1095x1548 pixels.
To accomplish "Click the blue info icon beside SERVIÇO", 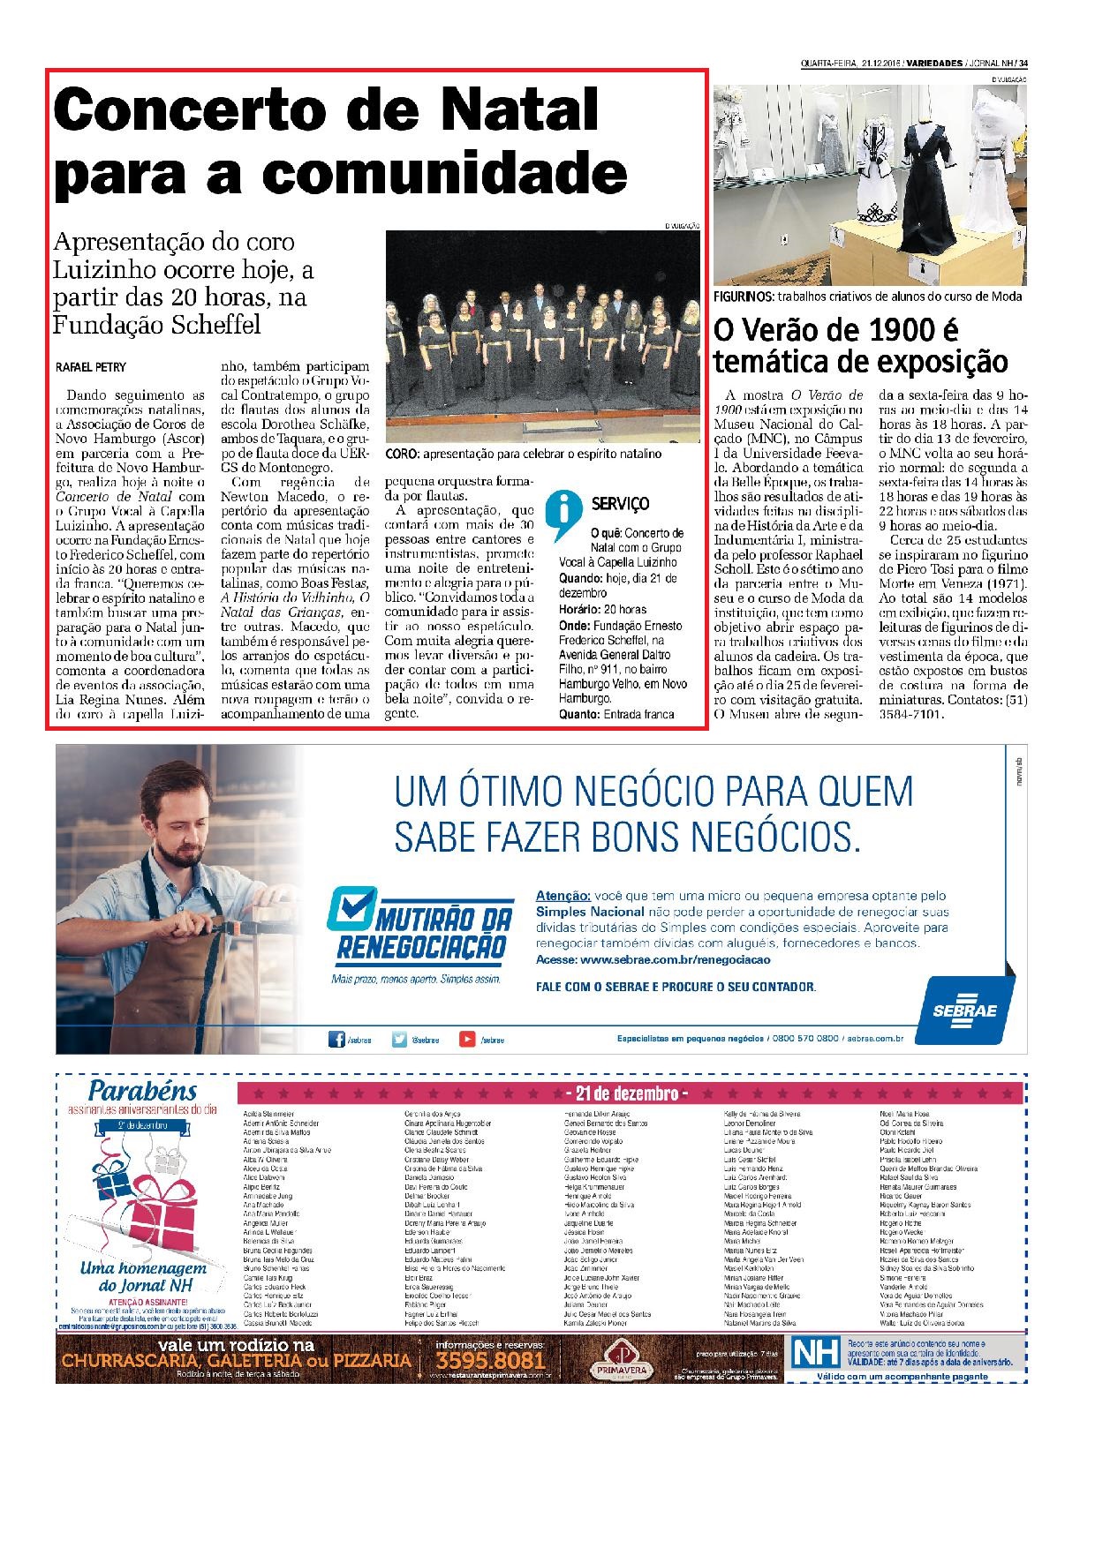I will click(x=561, y=515).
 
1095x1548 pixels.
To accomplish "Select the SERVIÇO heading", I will click(x=620, y=504).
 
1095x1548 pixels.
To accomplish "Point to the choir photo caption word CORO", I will click(x=402, y=455).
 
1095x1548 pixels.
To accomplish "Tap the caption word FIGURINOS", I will click(x=744, y=297).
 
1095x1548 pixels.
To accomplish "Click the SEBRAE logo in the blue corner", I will click(x=964, y=1008).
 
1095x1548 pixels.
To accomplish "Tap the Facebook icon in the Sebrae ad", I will click(x=336, y=1039).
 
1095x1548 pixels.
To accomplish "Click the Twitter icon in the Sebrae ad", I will click(x=400, y=1039).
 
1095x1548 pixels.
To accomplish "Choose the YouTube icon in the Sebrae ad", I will click(x=467, y=1039).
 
